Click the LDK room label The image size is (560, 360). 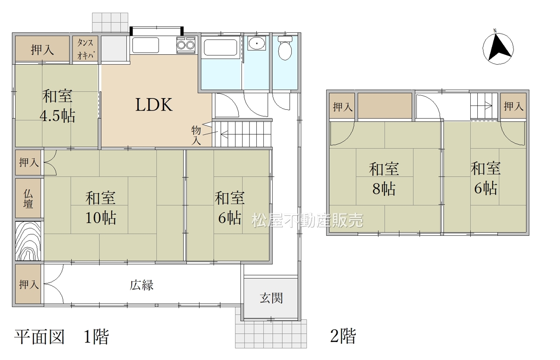tap(154, 105)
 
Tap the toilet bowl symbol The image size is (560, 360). tap(285, 48)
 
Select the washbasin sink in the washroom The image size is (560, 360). tap(257, 43)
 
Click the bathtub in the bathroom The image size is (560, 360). tap(220, 47)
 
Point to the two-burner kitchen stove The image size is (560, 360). tap(186, 45)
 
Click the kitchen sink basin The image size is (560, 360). tap(146, 45)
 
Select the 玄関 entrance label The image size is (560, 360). tap(271, 298)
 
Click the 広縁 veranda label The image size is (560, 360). tap(141, 285)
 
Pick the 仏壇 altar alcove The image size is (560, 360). tap(28, 198)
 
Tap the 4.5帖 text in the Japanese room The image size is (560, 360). tap(57, 116)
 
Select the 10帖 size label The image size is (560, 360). tap(101, 218)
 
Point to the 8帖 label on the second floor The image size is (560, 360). tap(384, 189)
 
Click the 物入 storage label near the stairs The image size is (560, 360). tap(196, 136)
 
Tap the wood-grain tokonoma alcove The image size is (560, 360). tap(28, 241)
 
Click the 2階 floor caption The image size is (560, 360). tap(343, 336)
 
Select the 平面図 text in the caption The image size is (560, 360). tap(39, 337)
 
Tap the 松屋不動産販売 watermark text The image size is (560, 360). tap(308, 220)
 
